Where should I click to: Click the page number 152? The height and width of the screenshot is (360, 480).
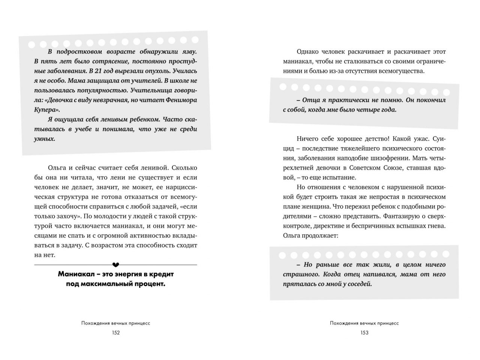point(115,333)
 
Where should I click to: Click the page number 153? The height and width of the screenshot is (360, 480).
point(364,333)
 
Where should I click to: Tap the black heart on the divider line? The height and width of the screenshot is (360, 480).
point(115,265)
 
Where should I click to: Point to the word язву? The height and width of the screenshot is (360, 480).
point(189,51)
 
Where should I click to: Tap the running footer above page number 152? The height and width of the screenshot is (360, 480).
point(115,323)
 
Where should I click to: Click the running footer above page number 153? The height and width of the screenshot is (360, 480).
point(364,323)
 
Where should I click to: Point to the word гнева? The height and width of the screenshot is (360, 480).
point(436,226)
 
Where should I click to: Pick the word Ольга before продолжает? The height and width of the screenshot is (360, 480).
point(292,236)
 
